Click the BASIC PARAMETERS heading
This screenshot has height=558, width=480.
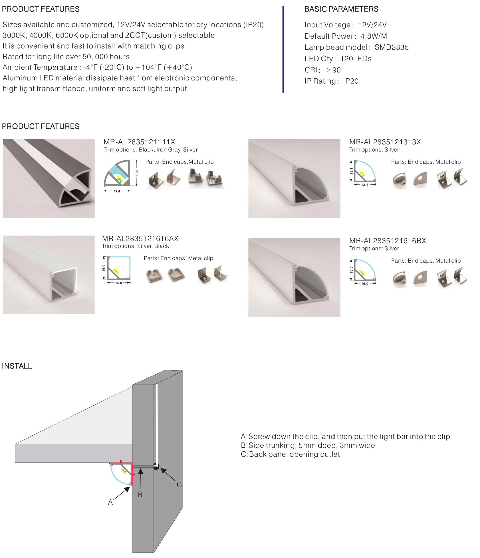pyautogui.click(x=341, y=9)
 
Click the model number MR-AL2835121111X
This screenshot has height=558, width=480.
pyautogui.click(x=139, y=142)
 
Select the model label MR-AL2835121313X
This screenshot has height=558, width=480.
pyautogui.click(x=385, y=142)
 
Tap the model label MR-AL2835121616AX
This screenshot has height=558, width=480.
pyautogui.click(x=140, y=238)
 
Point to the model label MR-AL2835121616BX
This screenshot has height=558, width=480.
pyautogui.click(x=387, y=241)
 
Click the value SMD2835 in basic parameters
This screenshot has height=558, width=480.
pyautogui.click(x=391, y=47)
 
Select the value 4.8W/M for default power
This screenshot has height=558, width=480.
pyautogui.click(x=373, y=36)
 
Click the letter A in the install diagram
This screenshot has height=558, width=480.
pyautogui.click(x=110, y=502)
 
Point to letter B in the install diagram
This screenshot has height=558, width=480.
pyautogui.click(x=140, y=494)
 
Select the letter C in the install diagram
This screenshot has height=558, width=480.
pyautogui.click(x=179, y=484)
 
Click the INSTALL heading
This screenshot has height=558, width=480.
pyautogui.click(x=17, y=366)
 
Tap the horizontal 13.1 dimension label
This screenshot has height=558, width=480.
pyautogui.click(x=364, y=185)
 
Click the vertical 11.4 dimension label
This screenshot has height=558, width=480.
pyautogui.click(x=137, y=173)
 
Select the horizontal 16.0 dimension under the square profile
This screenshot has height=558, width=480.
pyautogui.click(x=119, y=283)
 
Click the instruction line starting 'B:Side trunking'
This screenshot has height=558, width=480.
pyautogui.click(x=307, y=445)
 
